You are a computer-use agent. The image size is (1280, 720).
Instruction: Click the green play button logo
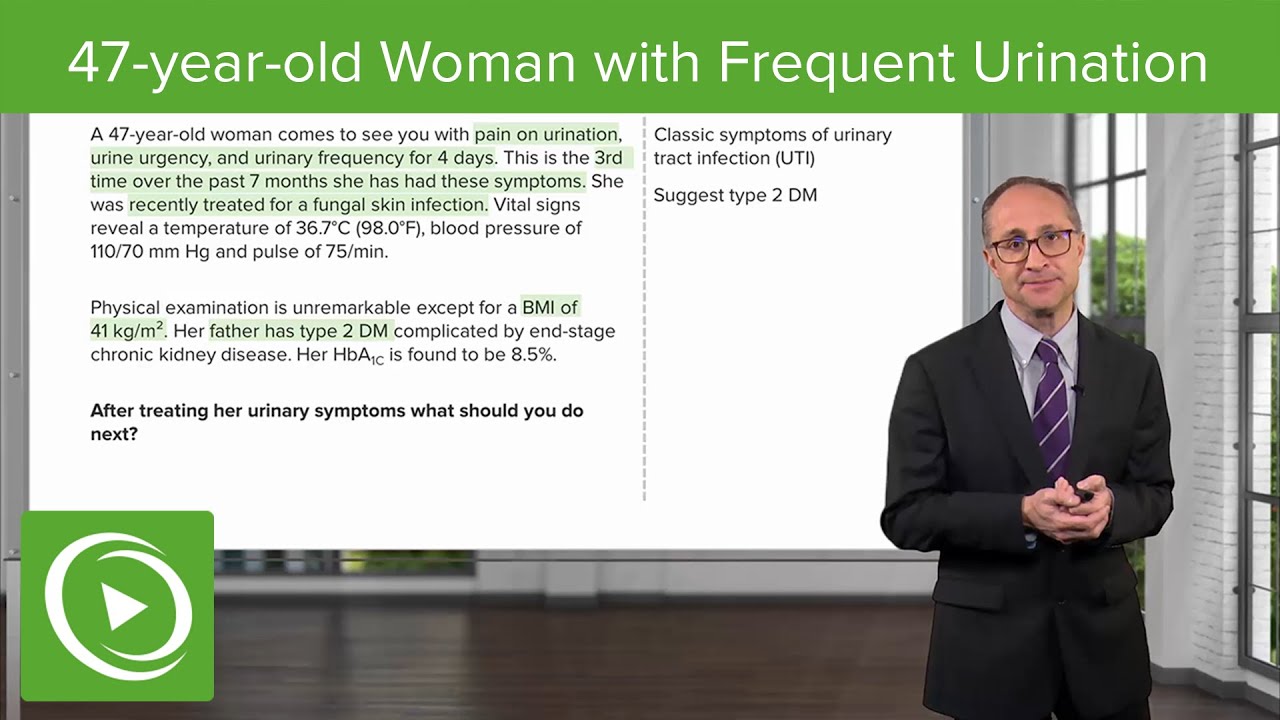pos(117,606)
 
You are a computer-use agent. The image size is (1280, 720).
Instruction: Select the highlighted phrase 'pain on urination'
pos(546,135)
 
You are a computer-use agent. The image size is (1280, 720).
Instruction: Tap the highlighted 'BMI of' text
pos(549,307)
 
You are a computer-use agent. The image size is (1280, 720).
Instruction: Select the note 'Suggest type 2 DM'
pos(735,195)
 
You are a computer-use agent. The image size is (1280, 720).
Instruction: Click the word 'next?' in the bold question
pos(114,434)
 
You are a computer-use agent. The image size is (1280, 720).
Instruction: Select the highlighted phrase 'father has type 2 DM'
pos(301,330)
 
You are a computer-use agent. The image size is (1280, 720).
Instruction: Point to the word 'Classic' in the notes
pos(684,135)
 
